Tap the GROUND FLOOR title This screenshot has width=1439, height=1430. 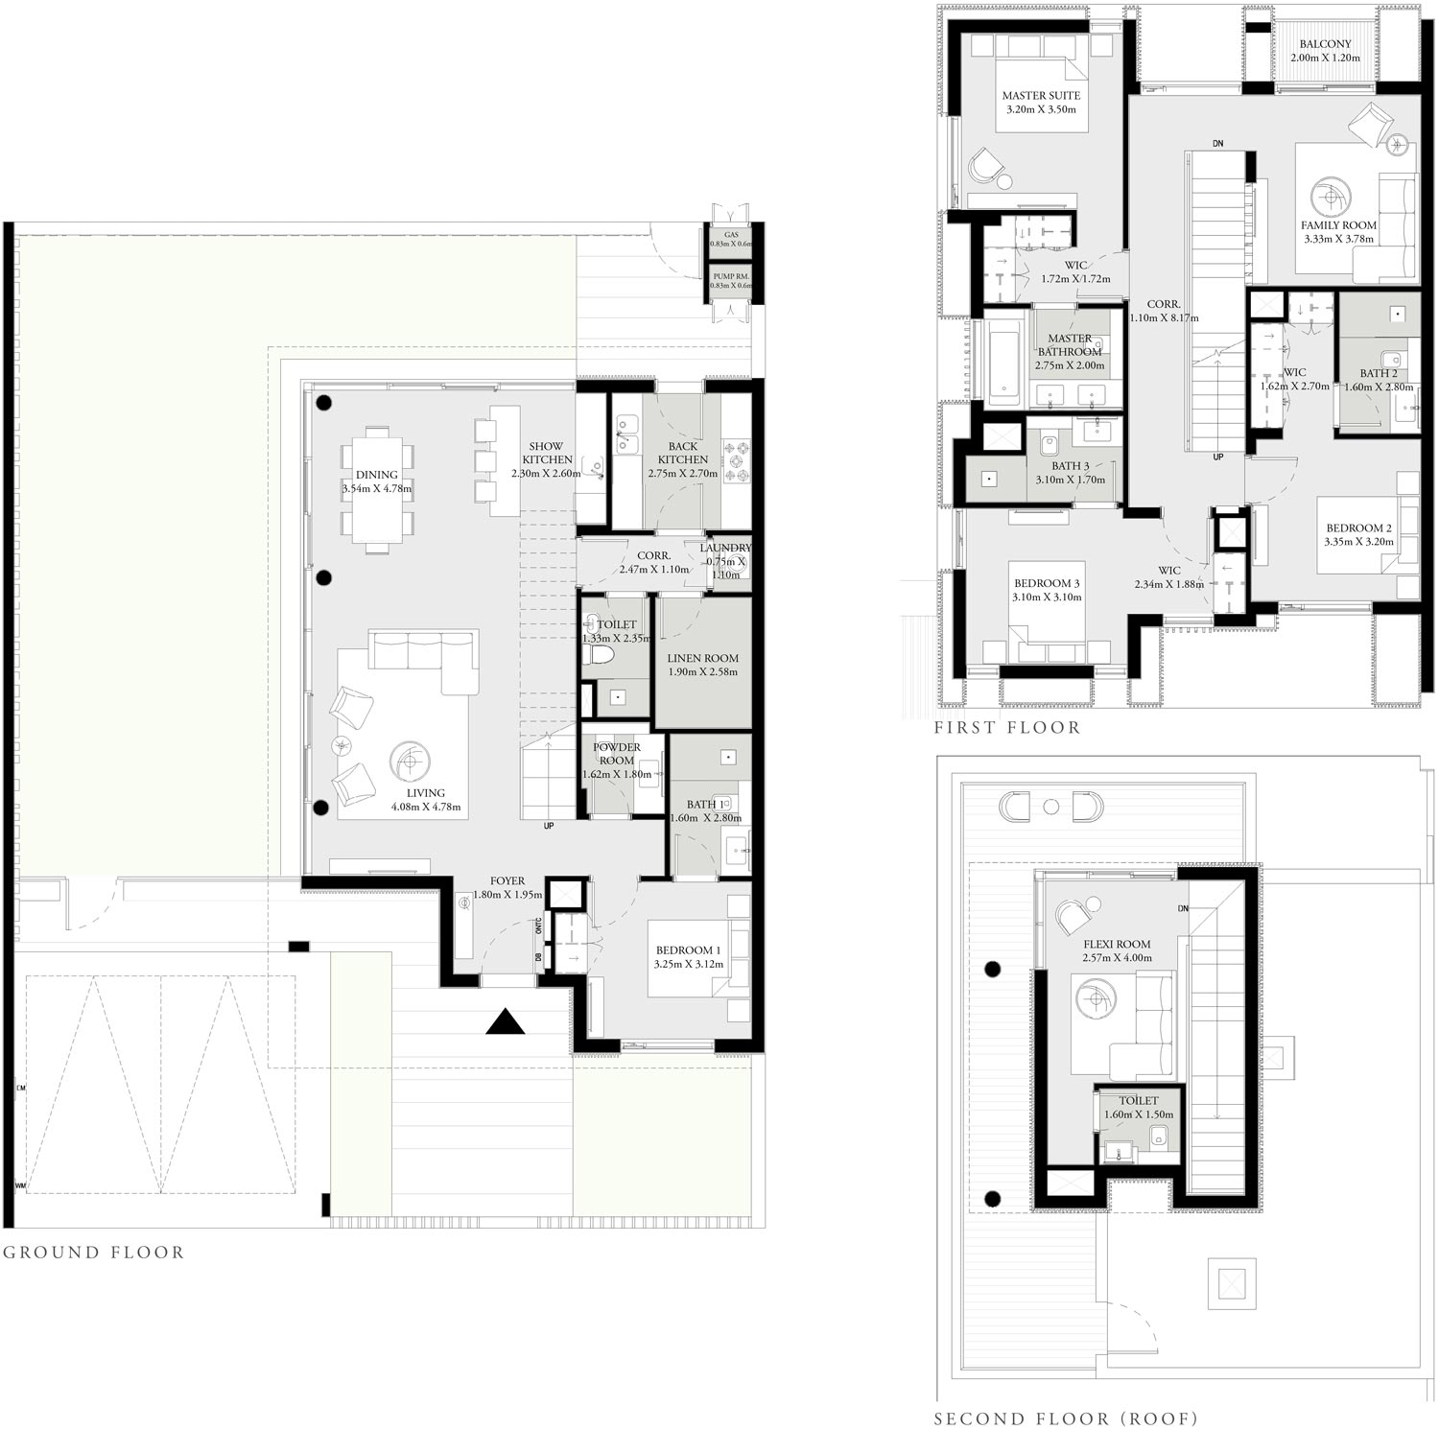click(93, 1252)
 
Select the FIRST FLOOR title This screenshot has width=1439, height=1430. click(1006, 728)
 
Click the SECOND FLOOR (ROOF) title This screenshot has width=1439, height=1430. click(1065, 1418)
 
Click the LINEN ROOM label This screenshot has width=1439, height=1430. click(702, 659)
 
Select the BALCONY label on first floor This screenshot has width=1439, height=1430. click(1325, 44)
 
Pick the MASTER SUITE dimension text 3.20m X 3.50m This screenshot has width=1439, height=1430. click(1041, 109)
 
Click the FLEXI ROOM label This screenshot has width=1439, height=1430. click(1117, 944)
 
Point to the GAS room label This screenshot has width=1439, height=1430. click(731, 235)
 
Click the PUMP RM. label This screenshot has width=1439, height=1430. click(731, 276)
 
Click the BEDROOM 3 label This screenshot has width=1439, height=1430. click(1047, 583)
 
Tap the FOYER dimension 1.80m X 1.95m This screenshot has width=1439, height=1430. click(507, 894)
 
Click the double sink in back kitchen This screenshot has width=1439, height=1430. click(627, 434)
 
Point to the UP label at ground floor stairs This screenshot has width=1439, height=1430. click(549, 826)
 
